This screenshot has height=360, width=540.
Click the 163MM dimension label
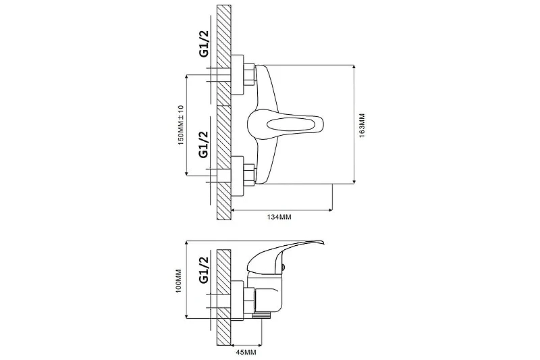[362, 126]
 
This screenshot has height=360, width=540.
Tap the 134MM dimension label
[279, 217]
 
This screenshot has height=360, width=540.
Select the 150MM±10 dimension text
[181, 125]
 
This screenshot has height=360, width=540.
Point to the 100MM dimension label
[178, 281]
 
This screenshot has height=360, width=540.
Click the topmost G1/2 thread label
[204, 44]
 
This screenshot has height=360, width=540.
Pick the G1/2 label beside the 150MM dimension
[204, 145]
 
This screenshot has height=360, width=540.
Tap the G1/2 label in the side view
[204, 269]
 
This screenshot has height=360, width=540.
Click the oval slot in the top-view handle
[290, 124]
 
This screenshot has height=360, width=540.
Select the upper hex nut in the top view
[249, 74]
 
